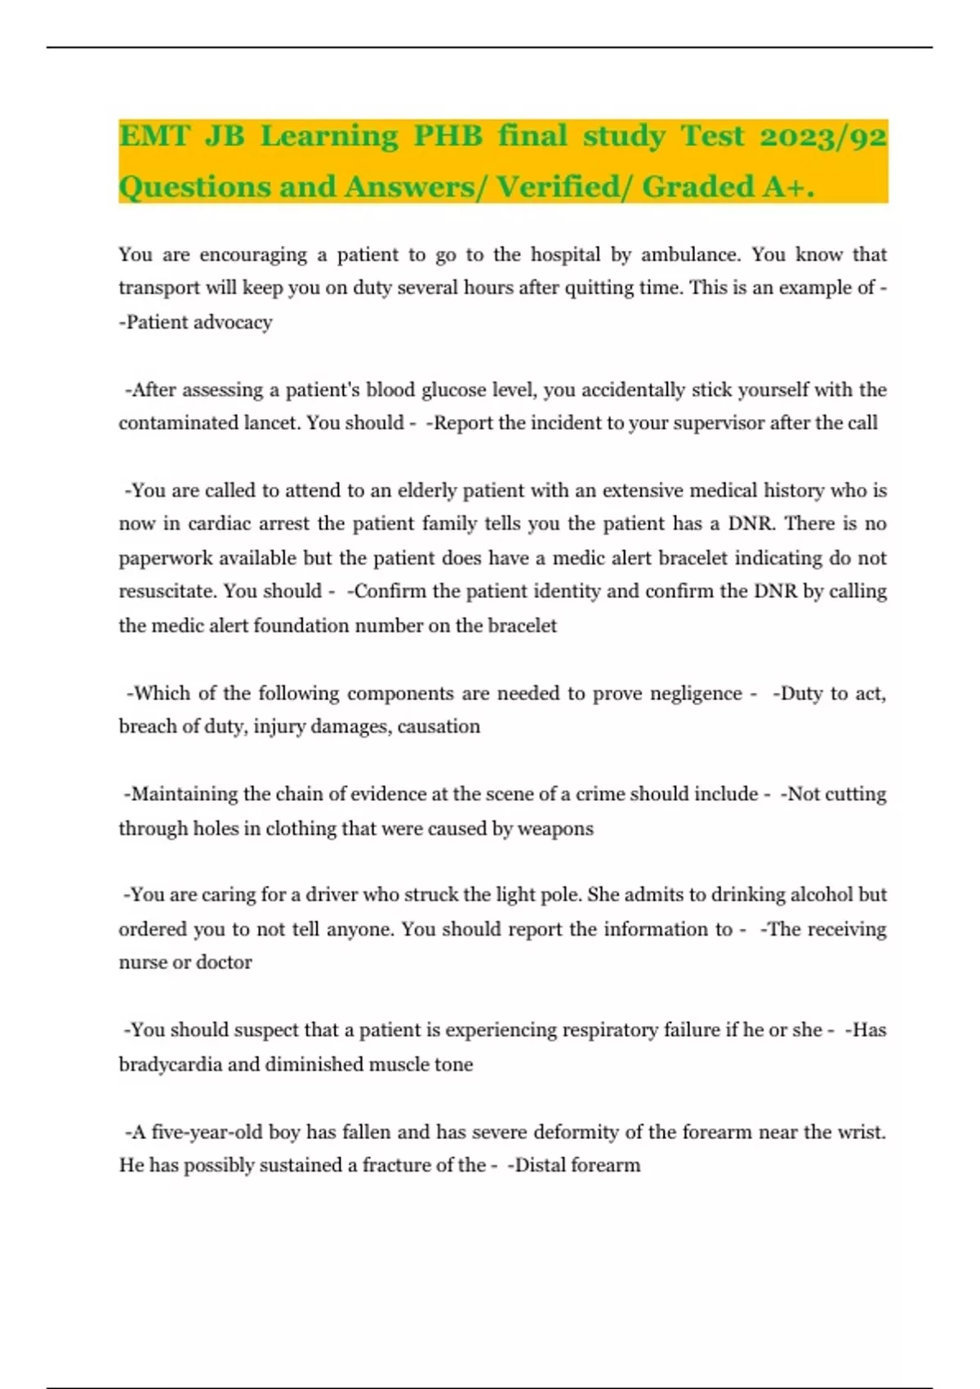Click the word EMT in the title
click(x=154, y=136)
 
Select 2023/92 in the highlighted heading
click(x=822, y=136)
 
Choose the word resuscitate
click(x=167, y=592)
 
